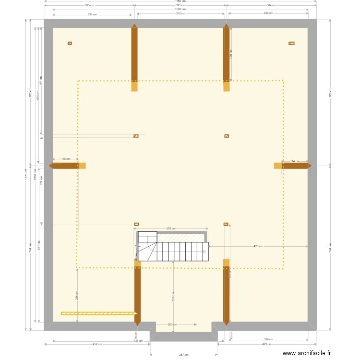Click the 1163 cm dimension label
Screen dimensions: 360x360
click(180, 1)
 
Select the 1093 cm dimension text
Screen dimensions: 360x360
click(180, 9)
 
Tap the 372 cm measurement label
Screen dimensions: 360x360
click(180, 14)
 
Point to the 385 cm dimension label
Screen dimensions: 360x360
click(89, 5)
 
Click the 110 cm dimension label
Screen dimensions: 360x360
click(66, 159)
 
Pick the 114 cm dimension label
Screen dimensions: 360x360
click(295, 161)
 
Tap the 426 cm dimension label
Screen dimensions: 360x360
click(258, 246)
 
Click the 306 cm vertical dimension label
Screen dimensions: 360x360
click(173, 298)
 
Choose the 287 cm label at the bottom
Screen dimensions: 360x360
click(184, 355)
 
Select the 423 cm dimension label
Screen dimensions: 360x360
click(267, 344)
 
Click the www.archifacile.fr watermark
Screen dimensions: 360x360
click(307, 353)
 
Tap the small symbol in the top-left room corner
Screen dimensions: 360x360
click(70, 43)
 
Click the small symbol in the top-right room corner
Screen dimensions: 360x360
click(291, 43)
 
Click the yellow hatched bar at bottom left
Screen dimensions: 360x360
click(98, 313)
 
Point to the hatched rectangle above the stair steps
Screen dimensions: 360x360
click(181, 238)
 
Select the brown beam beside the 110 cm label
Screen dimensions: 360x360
click(64, 166)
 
